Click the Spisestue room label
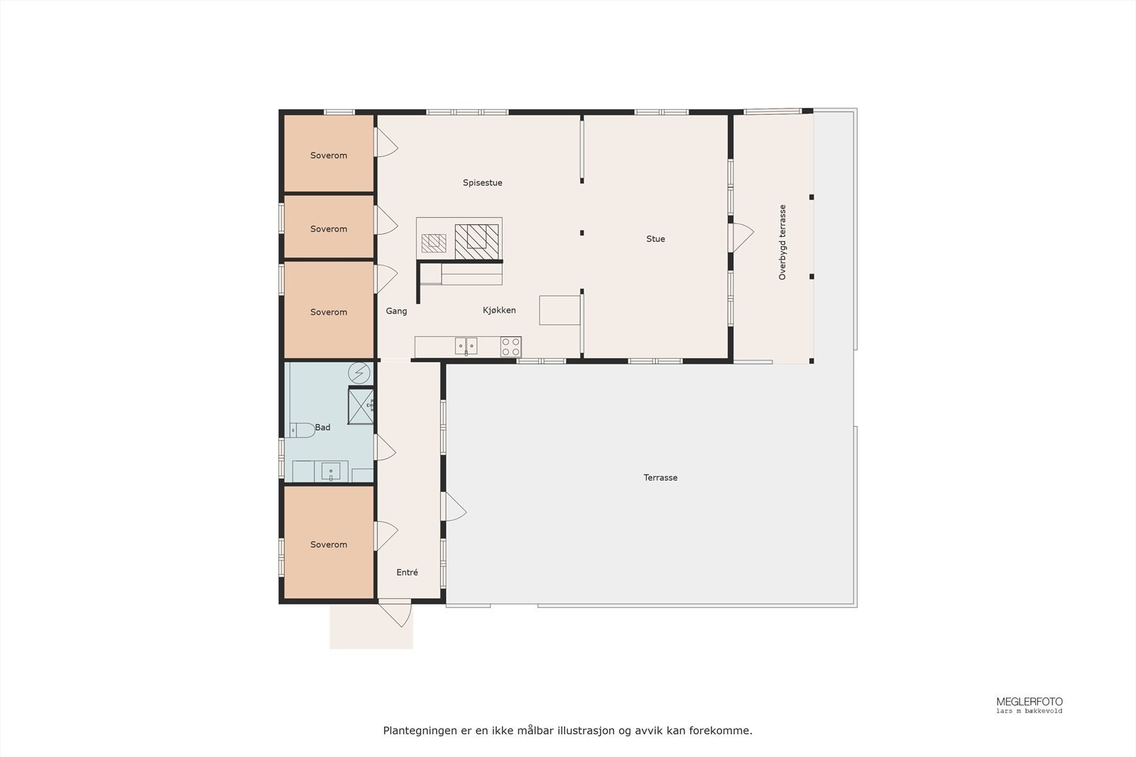[x=482, y=183]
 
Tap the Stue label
[x=655, y=239]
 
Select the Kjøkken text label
[x=499, y=311]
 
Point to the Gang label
[x=396, y=311]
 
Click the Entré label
[x=407, y=573]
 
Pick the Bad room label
[x=322, y=428]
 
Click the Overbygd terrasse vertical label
[x=782, y=243]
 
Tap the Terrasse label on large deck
[x=660, y=478]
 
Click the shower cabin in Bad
[x=361, y=405]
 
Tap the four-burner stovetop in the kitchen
[x=510, y=346]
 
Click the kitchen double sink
[x=466, y=346]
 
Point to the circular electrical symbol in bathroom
[x=359, y=372]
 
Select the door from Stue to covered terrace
[x=741, y=237]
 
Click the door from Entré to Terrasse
[x=454, y=507]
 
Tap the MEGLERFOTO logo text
[x=1029, y=702]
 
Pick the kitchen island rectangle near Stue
[x=559, y=311]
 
